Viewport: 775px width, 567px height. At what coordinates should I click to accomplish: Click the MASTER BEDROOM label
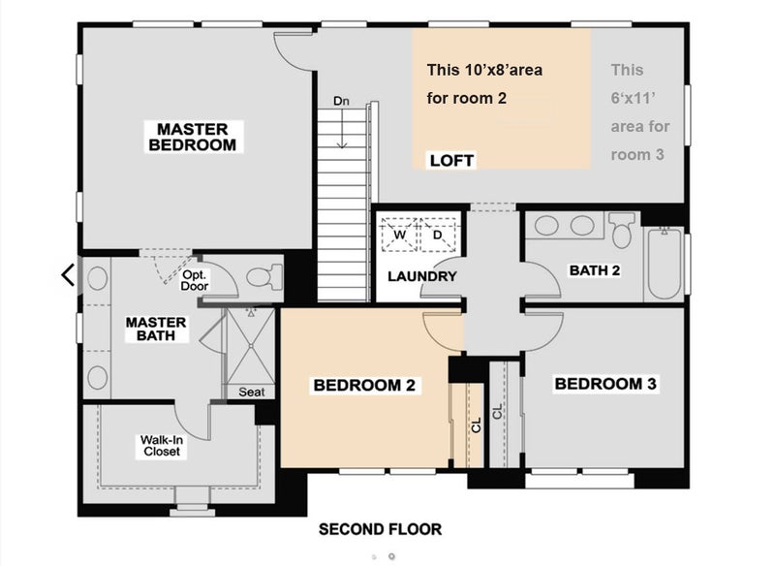point(192,137)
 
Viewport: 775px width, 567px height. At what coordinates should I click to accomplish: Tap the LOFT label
point(451,160)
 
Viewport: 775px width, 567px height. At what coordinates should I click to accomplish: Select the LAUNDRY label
point(421,276)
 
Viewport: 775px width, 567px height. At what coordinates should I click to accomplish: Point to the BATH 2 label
point(595,270)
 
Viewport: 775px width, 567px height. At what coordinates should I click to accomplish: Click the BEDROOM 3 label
point(605,384)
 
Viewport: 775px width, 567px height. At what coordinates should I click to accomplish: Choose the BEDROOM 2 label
point(364,385)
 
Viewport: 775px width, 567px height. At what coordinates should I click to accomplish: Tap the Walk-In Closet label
point(161,446)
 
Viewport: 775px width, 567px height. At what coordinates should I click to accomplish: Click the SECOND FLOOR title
point(380,529)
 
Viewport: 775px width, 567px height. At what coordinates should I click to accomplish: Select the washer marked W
point(399,235)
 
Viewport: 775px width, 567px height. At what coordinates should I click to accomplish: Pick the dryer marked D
point(438,235)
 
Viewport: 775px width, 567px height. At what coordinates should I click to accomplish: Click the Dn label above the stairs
point(341,101)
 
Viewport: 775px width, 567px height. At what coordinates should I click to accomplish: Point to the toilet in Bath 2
point(621,230)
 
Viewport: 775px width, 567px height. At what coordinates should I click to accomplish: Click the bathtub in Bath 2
point(665,263)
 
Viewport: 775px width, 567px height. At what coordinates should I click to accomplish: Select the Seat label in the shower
point(252,392)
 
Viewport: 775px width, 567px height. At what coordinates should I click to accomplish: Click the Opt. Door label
point(195,280)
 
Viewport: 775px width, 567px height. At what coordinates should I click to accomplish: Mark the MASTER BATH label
point(156,330)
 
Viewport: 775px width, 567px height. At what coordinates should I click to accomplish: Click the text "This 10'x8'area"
point(484,70)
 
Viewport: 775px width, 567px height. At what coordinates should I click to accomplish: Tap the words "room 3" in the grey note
point(637,155)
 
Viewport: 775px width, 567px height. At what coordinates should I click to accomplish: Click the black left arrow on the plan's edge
point(68,275)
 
